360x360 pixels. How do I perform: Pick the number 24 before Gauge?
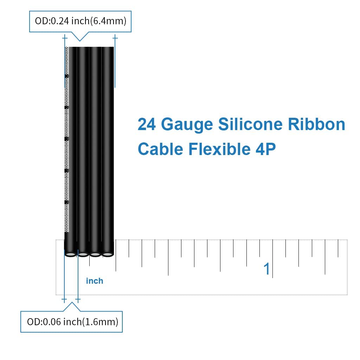point(147,124)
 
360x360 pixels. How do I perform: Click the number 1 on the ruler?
point(267,269)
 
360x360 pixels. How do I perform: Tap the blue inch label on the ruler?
point(95,281)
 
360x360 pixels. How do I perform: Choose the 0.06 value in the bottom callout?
point(52,321)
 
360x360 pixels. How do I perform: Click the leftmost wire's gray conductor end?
point(70,254)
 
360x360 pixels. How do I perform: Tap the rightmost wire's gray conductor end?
point(108,254)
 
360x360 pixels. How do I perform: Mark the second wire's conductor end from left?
point(83,254)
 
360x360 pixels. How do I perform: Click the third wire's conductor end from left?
point(95,254)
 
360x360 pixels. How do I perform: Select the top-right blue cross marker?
point(115,37)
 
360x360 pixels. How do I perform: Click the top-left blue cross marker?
point(65,37)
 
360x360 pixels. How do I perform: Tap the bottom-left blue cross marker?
point(64,300)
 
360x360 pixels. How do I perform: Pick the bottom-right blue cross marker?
point(78,300)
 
